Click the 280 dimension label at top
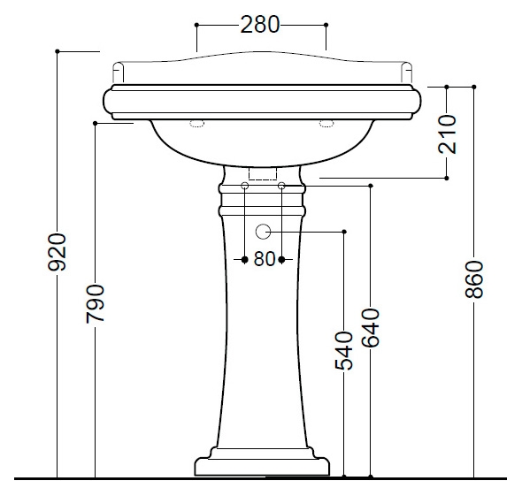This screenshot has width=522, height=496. (x=259, y=25)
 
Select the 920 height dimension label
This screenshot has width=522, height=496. (x=58, y=252)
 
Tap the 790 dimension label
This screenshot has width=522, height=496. (x=96, y=303)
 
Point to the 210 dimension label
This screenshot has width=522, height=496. (x=447, y=134)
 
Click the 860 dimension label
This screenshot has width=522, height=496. (x=473, y=279)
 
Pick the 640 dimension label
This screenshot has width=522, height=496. (x=371, y=328)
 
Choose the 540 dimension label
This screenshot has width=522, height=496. (x=344, y=351)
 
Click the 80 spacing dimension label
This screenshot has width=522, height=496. (x=265, y=259)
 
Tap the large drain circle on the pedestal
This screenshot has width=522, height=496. (x=263, y=232)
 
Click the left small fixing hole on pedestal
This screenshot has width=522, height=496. (x=245, y=186)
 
